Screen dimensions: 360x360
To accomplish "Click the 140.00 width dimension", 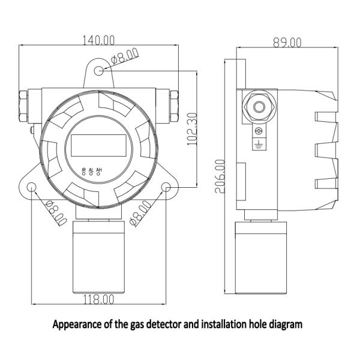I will coord(98,40).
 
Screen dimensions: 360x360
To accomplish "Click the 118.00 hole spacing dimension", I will coord(100,298).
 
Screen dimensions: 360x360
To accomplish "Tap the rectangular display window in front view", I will coord(100,145).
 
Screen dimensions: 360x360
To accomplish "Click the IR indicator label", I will coord(83,170).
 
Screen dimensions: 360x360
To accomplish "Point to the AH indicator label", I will coord(98,170).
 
